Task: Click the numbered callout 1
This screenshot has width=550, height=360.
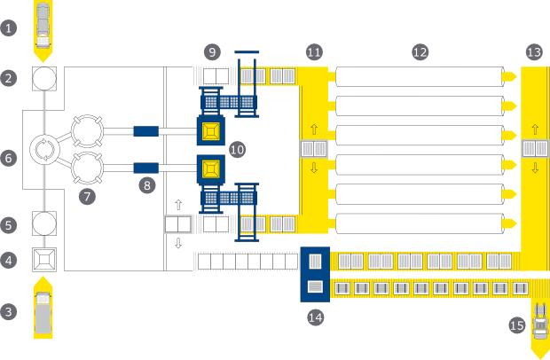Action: click(10, 27)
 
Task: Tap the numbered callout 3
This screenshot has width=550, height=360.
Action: click(10, 311)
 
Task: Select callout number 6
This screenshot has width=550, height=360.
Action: click(10, 159)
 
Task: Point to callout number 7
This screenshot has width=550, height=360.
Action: click(87, 197)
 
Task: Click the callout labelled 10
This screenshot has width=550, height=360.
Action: click(236, 150)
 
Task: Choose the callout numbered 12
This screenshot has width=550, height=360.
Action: click(420, 52)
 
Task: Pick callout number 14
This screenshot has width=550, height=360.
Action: click(315, 315)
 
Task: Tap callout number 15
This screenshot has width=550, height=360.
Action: click(518, 325)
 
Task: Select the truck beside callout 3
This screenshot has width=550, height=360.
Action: click(43, 311)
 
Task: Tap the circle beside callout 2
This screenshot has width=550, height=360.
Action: click(43, 78)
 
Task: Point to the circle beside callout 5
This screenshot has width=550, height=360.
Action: click(43, 223)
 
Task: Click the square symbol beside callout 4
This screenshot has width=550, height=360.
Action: click(43, 259)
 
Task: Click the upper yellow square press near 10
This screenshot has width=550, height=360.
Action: click(210, 132)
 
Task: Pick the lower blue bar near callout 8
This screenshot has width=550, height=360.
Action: click(145, 167)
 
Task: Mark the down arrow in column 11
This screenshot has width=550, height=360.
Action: click(314, 168)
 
